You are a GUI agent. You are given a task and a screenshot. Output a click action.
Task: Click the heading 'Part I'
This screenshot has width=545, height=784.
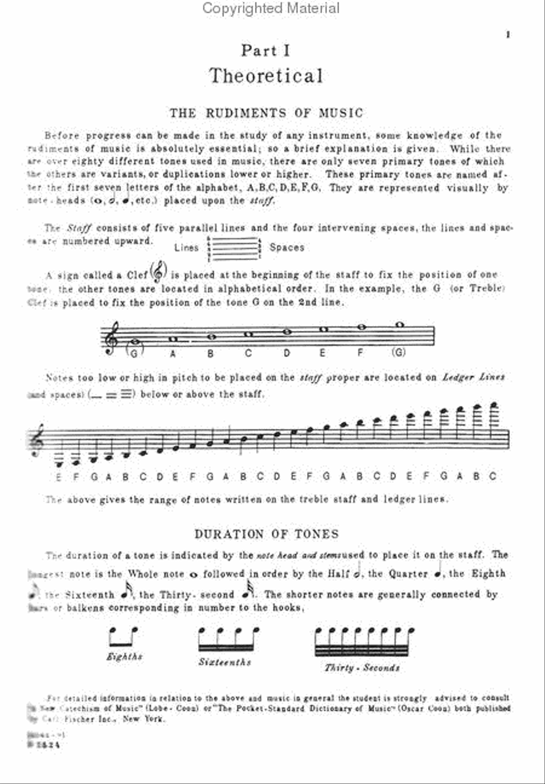(x=266, y=51)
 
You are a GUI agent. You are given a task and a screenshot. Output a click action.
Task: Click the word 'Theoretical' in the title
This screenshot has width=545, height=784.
(x=266, y=76)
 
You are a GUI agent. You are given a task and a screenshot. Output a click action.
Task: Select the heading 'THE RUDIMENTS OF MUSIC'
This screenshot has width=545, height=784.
(x=266, y=113)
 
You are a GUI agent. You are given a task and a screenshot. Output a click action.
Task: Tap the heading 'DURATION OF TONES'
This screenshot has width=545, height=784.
(x=266, y=534)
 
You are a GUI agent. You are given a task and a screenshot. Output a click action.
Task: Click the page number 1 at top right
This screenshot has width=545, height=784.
(x=508, y=35)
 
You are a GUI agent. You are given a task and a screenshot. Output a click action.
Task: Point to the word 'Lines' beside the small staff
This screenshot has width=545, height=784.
(x=186, y=247)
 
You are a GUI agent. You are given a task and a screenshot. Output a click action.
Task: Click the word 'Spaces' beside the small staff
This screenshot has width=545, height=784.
(x=287, y=247)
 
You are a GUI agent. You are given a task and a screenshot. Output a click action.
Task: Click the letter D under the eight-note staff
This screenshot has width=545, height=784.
(x=287, y=353)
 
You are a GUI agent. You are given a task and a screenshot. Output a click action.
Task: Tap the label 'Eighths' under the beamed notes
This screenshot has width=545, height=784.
(x=124, y=657)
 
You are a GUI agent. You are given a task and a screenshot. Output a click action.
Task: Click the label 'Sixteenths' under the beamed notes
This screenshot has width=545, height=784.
(x=225, y=662)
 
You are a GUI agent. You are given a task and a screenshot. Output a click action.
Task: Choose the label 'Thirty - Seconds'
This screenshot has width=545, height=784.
(x=362, y=668)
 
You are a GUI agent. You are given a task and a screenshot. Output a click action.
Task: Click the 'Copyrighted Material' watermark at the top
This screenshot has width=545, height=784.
(x=271, y=8)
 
